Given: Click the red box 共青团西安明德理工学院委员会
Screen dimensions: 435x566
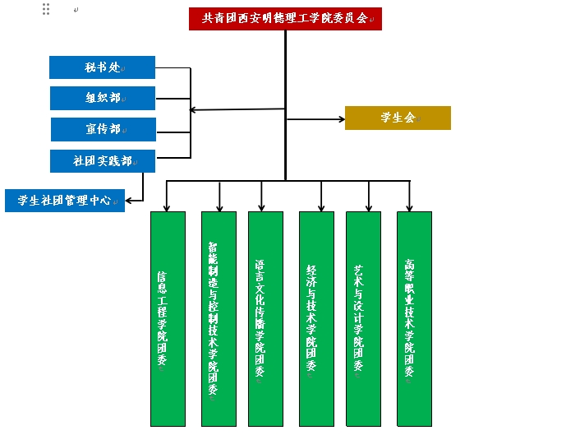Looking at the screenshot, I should click(285, 18).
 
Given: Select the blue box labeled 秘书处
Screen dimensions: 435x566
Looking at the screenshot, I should click(102, 67).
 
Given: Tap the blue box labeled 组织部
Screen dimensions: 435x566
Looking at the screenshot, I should click(102, 98).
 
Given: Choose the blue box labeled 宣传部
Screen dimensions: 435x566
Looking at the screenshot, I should click(102, 129).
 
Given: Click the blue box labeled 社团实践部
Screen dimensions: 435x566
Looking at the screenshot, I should click(102, 160).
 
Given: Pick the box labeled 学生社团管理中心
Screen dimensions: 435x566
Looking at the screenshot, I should click(65, 200).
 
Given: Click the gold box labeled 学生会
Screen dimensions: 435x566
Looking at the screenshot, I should click(398, 118).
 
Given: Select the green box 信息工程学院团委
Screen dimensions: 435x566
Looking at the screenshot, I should click(168, 319).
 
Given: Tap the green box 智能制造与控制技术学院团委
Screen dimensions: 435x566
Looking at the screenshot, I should click(219, 319).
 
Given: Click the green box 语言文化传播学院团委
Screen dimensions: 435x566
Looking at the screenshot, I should click(265, 319).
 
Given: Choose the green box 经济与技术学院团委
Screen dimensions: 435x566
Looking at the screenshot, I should click(316, 319).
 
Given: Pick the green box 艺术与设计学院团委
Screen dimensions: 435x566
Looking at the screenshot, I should click(363, 319).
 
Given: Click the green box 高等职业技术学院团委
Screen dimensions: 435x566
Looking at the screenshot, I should click(414, 319).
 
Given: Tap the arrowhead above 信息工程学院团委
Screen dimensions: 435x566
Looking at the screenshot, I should click(167, 207).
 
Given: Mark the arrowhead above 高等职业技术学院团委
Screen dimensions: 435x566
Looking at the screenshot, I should click(409, 207).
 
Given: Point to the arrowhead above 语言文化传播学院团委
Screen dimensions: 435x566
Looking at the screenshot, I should click(262, 207).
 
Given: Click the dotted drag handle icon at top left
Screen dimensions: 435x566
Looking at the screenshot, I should click(46, 9).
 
